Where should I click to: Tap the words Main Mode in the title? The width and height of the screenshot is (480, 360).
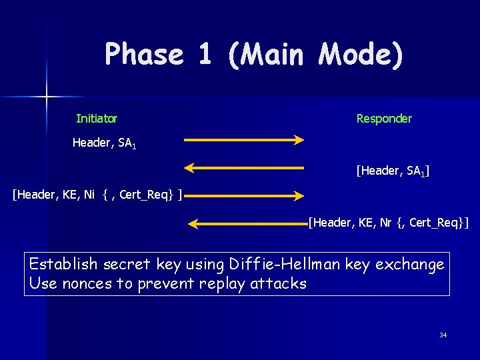315,55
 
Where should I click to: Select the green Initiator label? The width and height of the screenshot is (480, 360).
97,119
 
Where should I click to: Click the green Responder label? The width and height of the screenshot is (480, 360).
384,119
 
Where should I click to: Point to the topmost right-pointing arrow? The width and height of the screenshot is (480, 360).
243,140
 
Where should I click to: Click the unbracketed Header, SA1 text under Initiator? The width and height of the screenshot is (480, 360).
104,143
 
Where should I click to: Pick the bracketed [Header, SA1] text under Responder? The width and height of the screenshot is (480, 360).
393,172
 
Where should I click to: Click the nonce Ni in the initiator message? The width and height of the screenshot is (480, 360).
89,195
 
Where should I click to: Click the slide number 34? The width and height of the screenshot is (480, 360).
443,335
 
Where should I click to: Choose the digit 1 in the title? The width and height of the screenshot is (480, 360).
205,55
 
